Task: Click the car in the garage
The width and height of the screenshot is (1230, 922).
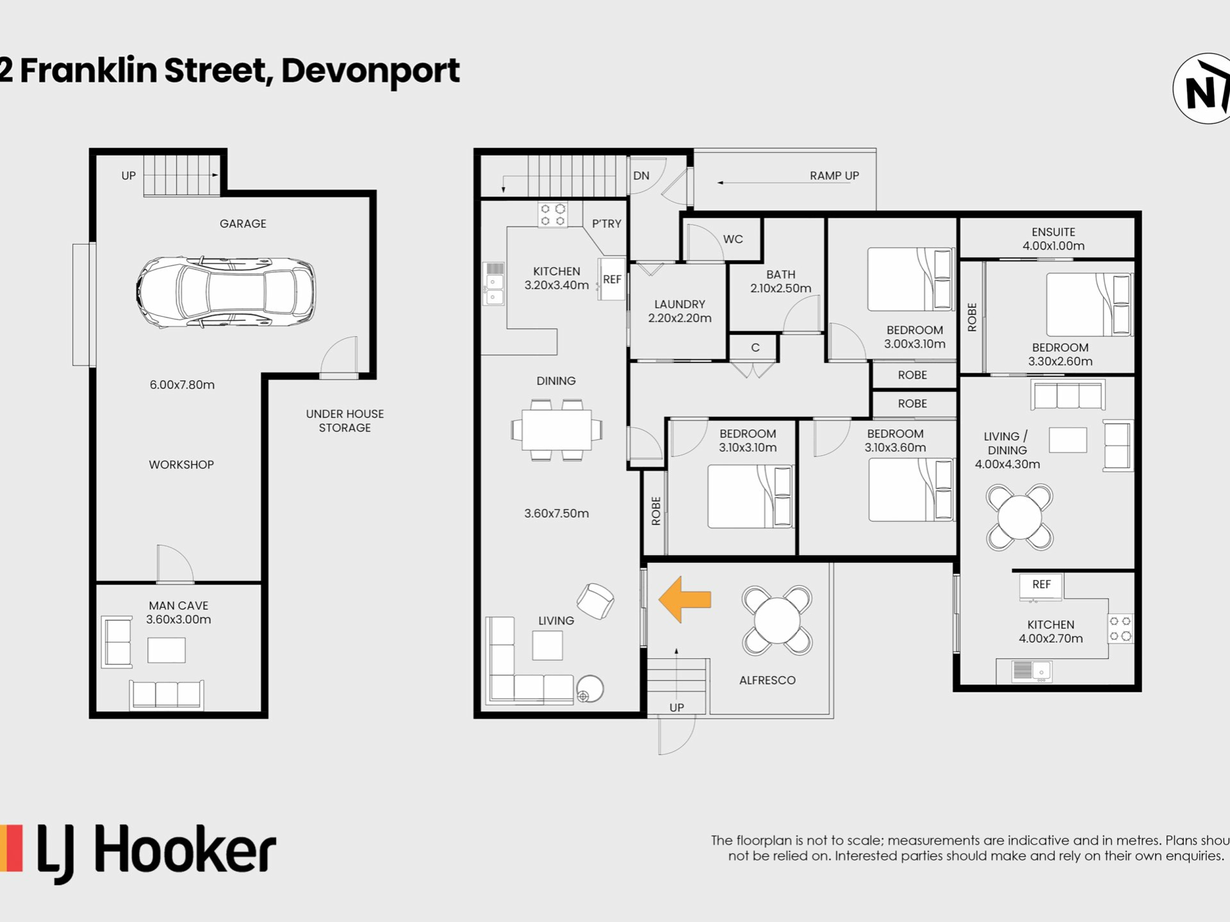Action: point(225,292)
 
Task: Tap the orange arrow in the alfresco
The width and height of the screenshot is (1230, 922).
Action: point(684,599)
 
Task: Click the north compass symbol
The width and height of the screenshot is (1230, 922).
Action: point(1202,88)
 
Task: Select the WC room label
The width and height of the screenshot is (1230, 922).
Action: point(733,239)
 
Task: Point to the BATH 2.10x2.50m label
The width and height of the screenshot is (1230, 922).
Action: point(780,281)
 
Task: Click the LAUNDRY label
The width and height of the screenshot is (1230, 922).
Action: point(680,304)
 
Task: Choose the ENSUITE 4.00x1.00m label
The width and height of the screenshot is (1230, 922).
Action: point(1053,239)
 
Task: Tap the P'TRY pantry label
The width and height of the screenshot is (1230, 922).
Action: point(607,223)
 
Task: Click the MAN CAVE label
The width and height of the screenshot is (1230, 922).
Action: point(178,605)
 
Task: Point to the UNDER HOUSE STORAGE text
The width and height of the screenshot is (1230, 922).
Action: point(345,421)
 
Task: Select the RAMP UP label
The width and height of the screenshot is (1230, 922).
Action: point(834,175)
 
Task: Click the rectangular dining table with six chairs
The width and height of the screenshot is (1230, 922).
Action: point(557,430)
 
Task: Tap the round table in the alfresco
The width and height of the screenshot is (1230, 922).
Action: point(777,620)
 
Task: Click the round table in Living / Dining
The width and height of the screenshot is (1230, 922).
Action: point(1019,517)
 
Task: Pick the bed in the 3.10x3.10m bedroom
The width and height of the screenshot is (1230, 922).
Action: point(750,497)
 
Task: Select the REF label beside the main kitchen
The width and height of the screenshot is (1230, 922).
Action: point(612,279)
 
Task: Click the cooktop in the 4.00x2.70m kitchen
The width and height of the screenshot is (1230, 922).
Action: point(1120,629)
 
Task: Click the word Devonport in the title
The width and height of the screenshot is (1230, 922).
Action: point(370,72)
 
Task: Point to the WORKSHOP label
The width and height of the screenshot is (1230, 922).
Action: point(181,465)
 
